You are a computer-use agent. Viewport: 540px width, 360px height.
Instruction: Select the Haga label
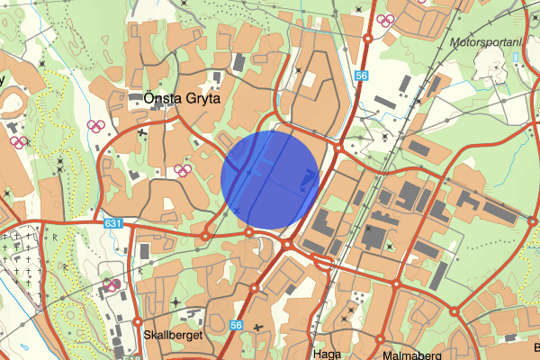327,354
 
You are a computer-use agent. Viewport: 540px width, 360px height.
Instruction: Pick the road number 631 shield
112,223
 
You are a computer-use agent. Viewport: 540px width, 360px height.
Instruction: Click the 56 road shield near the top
362,77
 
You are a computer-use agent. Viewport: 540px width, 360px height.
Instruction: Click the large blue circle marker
270,177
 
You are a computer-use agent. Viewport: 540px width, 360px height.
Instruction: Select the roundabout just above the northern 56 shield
368,39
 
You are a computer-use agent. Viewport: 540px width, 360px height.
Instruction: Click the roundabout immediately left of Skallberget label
138,321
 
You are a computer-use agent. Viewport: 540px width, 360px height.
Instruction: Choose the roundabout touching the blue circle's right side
336,148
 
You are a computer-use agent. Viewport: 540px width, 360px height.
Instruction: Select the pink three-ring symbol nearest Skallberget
113,286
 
